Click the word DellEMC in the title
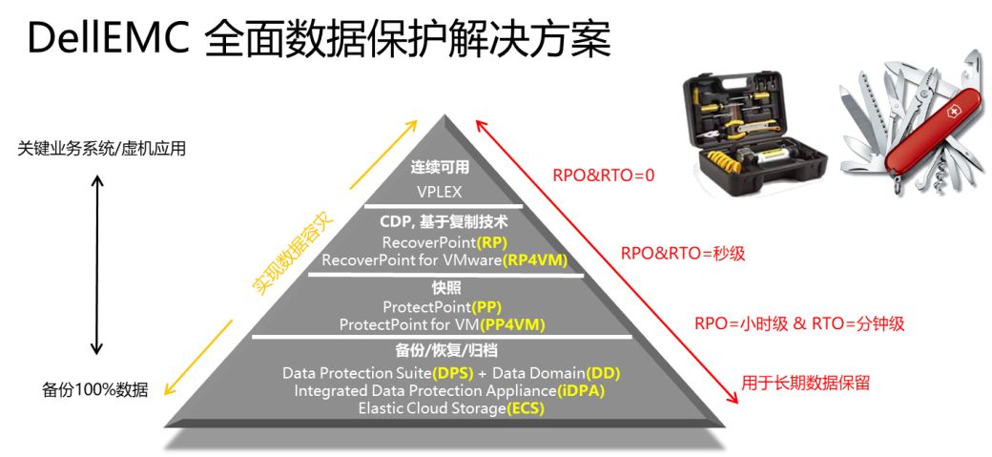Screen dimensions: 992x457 (108, 39)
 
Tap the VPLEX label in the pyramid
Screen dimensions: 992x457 (440, 191)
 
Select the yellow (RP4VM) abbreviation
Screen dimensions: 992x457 (535, 260)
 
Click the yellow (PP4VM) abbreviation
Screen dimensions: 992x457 (512, 324)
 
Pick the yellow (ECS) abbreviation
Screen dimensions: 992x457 (526, 408)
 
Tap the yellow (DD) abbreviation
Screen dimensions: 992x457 (603, 372)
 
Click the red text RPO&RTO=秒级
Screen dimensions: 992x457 (683, 254)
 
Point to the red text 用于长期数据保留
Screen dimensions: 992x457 (805, 383)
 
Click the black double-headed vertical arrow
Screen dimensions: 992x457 (96, 264)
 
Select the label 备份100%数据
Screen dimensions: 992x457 (94, 390)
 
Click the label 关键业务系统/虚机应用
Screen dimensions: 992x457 (102, 150)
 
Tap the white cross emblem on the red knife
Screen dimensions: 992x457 (950, 112)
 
